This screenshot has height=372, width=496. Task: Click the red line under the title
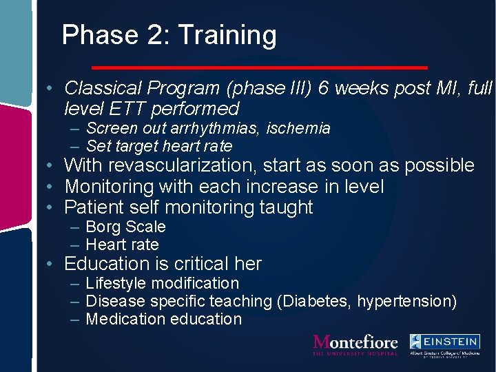(260, 68)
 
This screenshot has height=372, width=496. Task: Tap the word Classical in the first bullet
(103, 88)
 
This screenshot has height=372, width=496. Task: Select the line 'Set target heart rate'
(159, 146)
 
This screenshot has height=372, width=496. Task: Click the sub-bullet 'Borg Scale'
(126, 227)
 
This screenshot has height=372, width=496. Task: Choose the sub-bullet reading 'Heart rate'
(123, 245)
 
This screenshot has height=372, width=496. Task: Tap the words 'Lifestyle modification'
(163, 283)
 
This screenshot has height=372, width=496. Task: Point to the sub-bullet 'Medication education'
(164, 319)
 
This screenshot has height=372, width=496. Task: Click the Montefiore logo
(355, 344)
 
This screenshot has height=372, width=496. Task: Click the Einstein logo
(444, 345)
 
